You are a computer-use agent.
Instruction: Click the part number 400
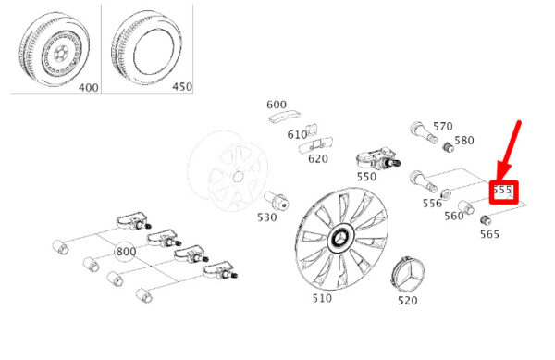point(89,87)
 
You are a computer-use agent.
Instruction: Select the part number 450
point(182,87)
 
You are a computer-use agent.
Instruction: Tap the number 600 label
point(277,105)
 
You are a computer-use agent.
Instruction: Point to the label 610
point(297,135)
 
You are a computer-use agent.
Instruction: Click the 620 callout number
point(318,159)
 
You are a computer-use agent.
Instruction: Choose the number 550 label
point(366,177)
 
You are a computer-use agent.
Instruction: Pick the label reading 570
point(443,127)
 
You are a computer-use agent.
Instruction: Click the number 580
point(464,141)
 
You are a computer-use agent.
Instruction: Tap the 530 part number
point(267,217)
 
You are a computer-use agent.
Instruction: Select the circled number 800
point(126,252)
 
